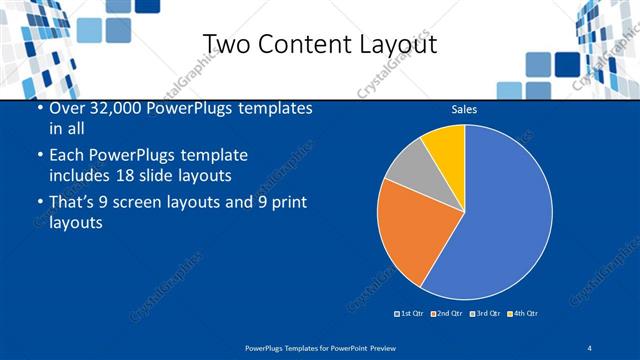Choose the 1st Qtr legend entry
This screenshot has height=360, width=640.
coord(410,314)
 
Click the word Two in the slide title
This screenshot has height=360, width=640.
coord(224,44)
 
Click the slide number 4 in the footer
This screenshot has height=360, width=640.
coord(590,347)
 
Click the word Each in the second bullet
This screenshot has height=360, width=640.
coord(67,156)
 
